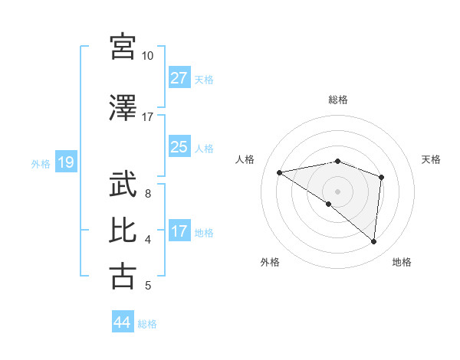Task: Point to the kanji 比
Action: [123, 230]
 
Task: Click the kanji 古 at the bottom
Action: [123, 275]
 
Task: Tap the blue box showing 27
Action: [179, 78]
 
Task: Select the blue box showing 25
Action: [179, 147]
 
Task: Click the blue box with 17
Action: [179, 231]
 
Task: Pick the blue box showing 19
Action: [65, 162]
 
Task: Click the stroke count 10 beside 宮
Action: [147, 56]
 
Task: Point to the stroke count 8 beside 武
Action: [147, 194]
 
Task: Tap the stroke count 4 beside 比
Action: [147, 240]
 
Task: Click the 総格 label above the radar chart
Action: [338, 100]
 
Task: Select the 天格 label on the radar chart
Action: [432, 159]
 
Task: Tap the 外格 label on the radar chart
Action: [270, 262]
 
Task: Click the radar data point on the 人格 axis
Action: [280, 172]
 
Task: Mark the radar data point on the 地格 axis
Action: [373, 242]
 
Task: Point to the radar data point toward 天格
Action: [381, 177]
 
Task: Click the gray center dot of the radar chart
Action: [338, 191]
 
